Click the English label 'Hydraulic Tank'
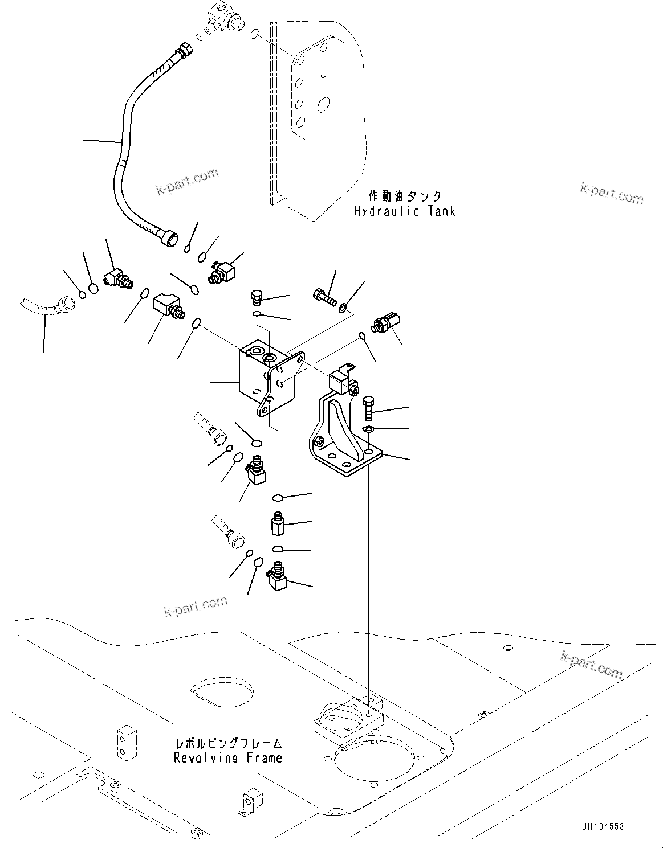(x=404, y=211)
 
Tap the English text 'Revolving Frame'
(x=228, y=758)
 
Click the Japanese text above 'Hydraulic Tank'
(x=405, y=196)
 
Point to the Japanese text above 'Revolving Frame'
(x=228, y=743)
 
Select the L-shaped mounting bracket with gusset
(x=342, y=439)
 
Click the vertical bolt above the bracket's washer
(x=368, y=407)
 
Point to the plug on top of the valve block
(x=257, y=297)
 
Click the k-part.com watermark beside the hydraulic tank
(x=611, y=193)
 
